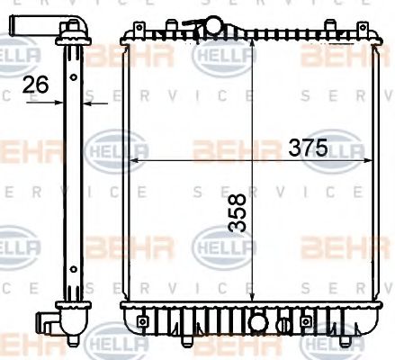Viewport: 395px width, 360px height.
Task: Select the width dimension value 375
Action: pos(306,148)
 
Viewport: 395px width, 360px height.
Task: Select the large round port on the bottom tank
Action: pos(258,321)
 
